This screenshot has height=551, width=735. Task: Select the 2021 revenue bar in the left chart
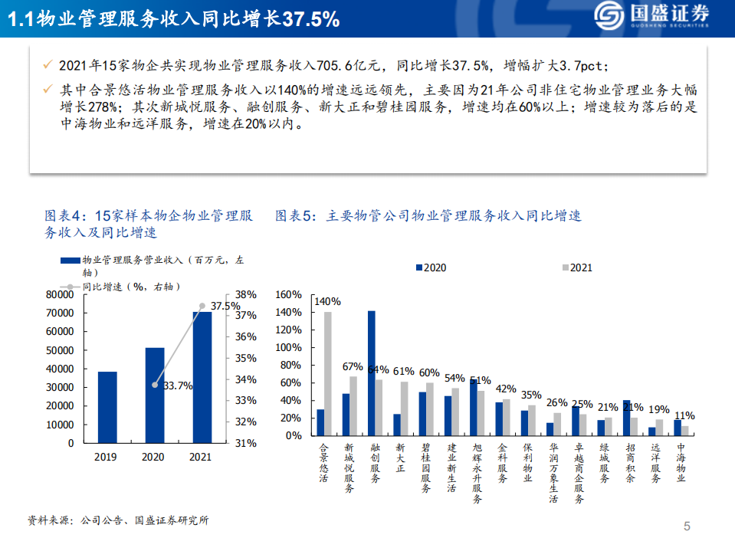pyautogui.click(x=202, y=377)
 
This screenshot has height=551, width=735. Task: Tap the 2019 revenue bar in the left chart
pyautogui.click(x=108, y=407)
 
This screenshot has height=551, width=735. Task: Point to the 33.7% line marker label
pyautogui.click(x=178, y=385)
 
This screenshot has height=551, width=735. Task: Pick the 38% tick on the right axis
pyautogui.click(x=245, y=294)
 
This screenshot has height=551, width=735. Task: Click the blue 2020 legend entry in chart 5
pyautogui.click(x=431, y=268)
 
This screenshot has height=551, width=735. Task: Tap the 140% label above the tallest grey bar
pyautogui.click(x=327, y=302)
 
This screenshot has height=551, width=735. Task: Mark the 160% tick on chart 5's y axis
pyautogui.click(x=289, y=295)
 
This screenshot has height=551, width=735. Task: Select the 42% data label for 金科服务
pyautogui.click(x=507, y=389)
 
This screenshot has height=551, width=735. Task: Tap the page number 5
pyautogui.click(x=687, y=526)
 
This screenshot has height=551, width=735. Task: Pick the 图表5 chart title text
pyautogui.click(x=428, y=216)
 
